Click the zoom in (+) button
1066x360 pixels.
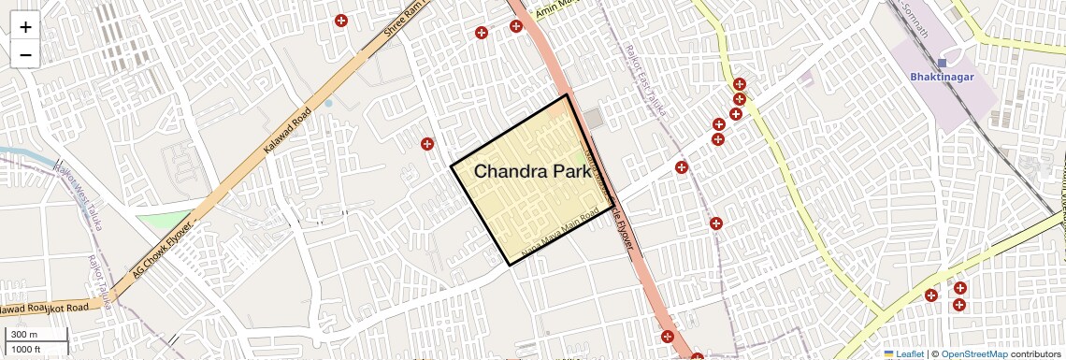(x=25, y=26)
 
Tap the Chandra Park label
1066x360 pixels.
(x=532, y=171)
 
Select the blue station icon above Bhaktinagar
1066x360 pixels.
(x=942, y=63)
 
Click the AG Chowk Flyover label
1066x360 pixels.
(x=163, y=251)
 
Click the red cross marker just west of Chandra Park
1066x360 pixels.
(x=427, y=144)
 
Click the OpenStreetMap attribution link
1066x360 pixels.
(x=973, y=354)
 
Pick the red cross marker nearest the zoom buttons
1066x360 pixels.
(x=341, y=21)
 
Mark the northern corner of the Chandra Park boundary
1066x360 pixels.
(x=567, y=95)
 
